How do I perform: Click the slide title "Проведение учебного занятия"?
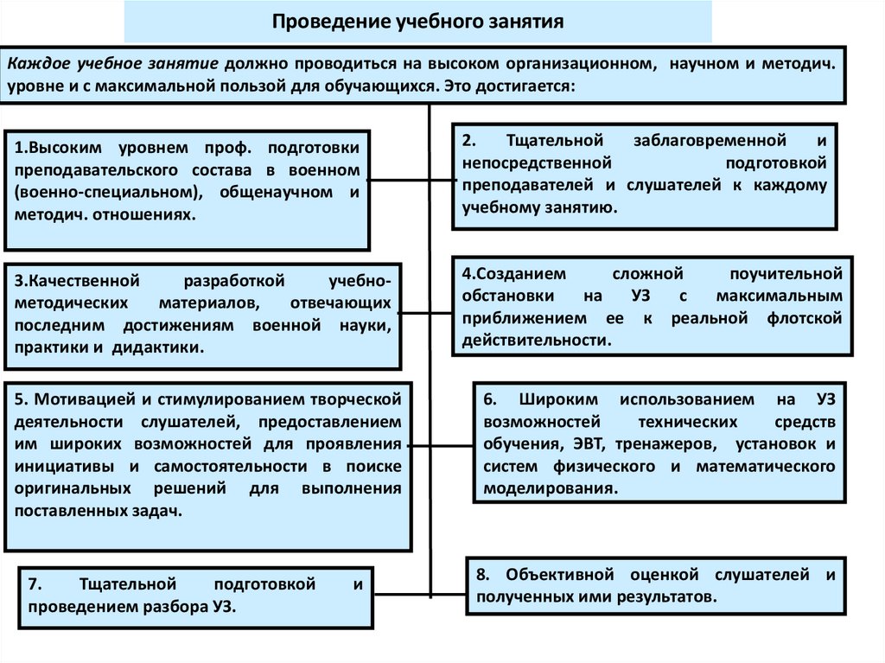click(x=418, y=21)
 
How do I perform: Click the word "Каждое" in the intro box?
click(x=35, y=65)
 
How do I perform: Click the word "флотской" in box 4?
click(x=803, y=319)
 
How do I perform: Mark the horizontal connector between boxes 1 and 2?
click(x=411, y=181)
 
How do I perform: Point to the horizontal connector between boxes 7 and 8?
click(x=420, y=592)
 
